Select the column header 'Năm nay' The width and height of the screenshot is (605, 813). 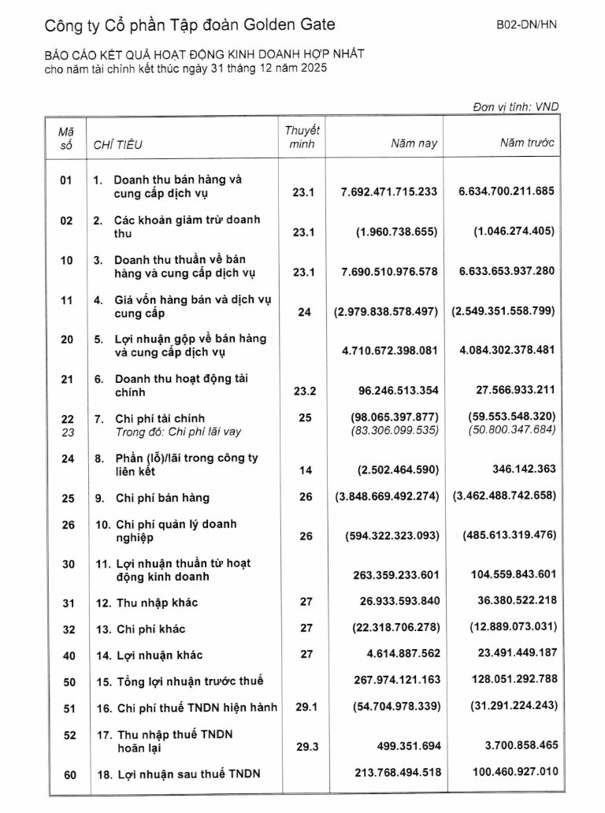click(414, 143)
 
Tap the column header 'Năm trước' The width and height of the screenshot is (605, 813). click(526, 143)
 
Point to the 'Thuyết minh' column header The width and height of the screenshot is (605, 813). click(302, 137)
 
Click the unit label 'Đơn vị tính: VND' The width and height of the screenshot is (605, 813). click(516, 106)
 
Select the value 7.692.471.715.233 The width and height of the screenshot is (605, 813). click(389, 191)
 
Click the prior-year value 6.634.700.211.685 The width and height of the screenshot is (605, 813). click(507, 191)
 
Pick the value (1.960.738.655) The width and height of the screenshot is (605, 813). click(396, 232)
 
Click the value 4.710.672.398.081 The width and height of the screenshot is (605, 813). click(389, 351)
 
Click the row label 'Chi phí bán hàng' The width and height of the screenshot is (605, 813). click(162, 498)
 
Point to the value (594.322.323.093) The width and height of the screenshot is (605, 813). click(392, 536)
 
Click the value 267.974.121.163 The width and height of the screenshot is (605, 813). click(392, 681)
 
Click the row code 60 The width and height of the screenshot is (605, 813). click(70, 775)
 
